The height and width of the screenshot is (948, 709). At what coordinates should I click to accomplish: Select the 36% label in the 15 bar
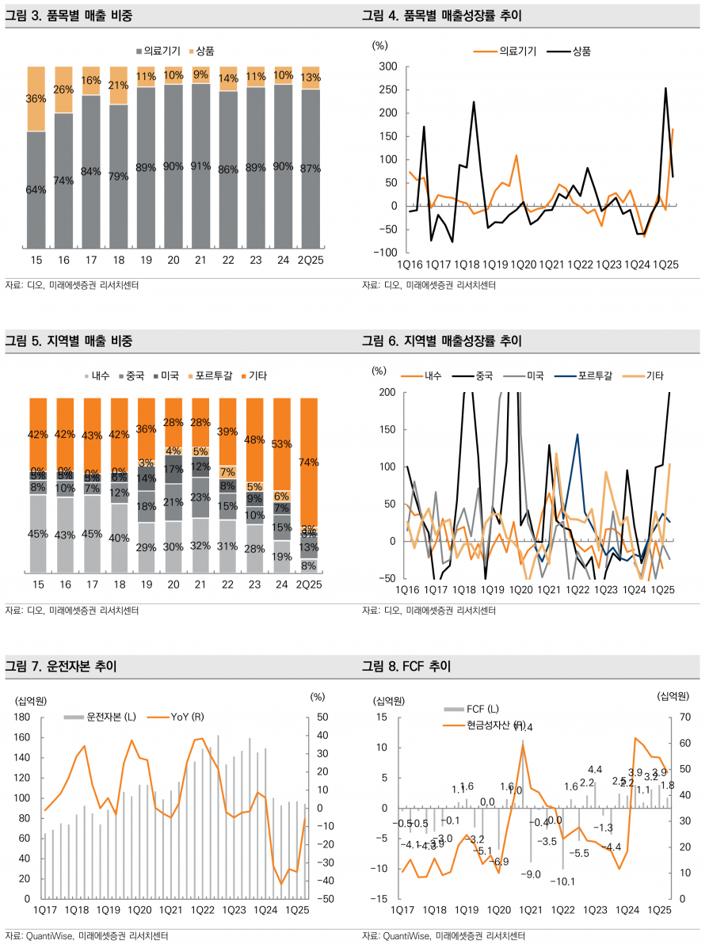[36, 99]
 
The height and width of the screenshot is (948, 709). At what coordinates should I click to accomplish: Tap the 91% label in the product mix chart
[200, 166]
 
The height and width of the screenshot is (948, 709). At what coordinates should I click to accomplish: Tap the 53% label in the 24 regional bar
[282, 444]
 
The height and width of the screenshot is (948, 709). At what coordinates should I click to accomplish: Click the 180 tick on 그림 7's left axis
[21, 717]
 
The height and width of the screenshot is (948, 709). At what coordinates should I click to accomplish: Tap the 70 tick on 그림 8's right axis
[686, 717]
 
